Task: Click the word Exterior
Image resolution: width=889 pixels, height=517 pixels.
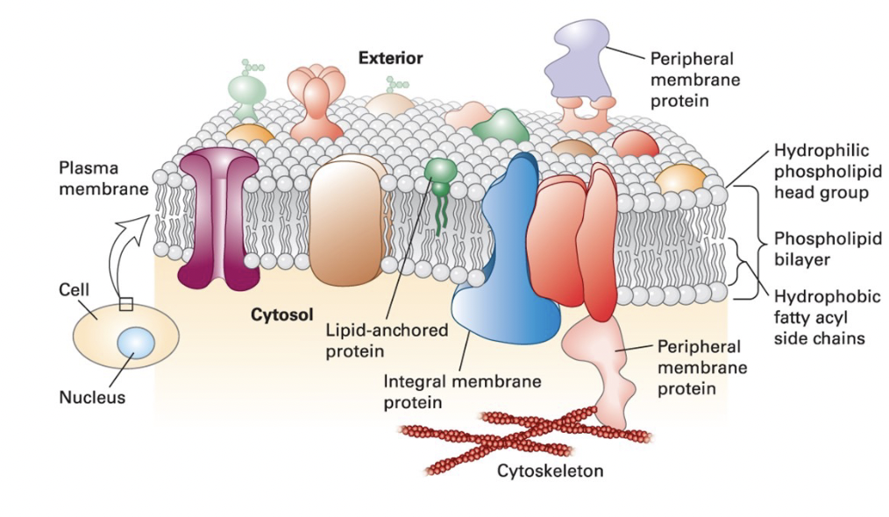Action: (x=390, y=59)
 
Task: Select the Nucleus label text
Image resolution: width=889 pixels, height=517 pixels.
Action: (x=92, y=397)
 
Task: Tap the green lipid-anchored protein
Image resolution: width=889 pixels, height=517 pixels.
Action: (x=440, y=173)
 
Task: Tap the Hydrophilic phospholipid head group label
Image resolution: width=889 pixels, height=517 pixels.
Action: (x=825, y=171)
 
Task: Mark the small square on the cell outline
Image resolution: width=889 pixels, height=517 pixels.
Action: (x=125, y=304)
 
